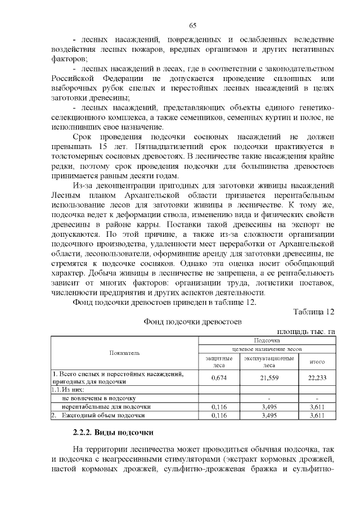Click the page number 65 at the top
point(193,26)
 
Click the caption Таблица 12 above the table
point(314,311)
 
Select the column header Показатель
point(125,353)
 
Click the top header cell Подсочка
point(267,340)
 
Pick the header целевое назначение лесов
point(267,349)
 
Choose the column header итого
point(317,362)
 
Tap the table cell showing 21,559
point(269,378)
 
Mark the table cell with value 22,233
point(317,378)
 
